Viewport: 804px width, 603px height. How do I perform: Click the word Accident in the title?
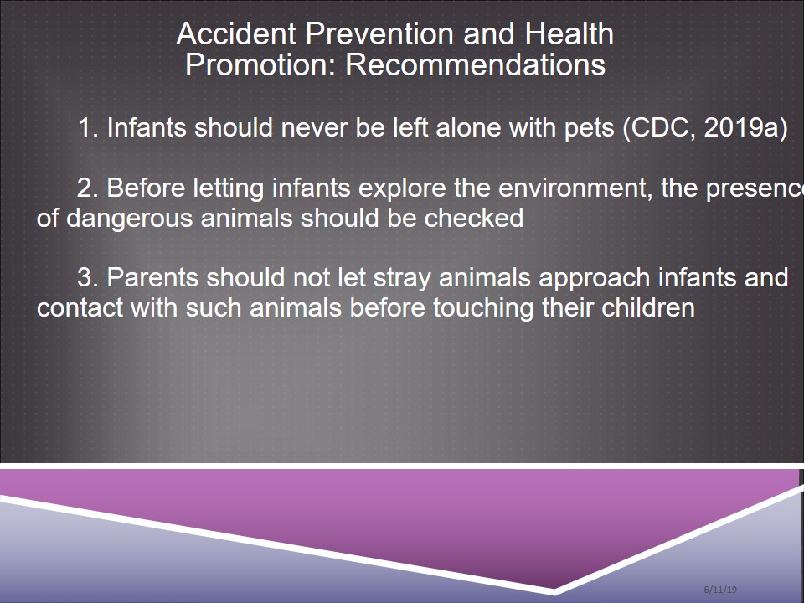point(236,33)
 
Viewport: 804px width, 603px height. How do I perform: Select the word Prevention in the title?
point(379,33)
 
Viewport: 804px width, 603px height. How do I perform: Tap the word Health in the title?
point(569,33)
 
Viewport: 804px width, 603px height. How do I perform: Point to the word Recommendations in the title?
point(476,64)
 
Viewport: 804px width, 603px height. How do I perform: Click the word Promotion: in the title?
point(260,64)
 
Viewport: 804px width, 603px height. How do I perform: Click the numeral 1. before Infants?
point(88,127)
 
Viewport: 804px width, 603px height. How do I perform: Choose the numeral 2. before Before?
point(88,188)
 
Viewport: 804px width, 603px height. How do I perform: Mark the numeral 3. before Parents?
point(88,277)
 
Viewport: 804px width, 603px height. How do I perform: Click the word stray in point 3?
point(402,278)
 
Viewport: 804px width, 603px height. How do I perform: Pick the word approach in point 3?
point(595,278)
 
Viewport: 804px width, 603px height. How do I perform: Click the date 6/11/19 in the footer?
point(720,590)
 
